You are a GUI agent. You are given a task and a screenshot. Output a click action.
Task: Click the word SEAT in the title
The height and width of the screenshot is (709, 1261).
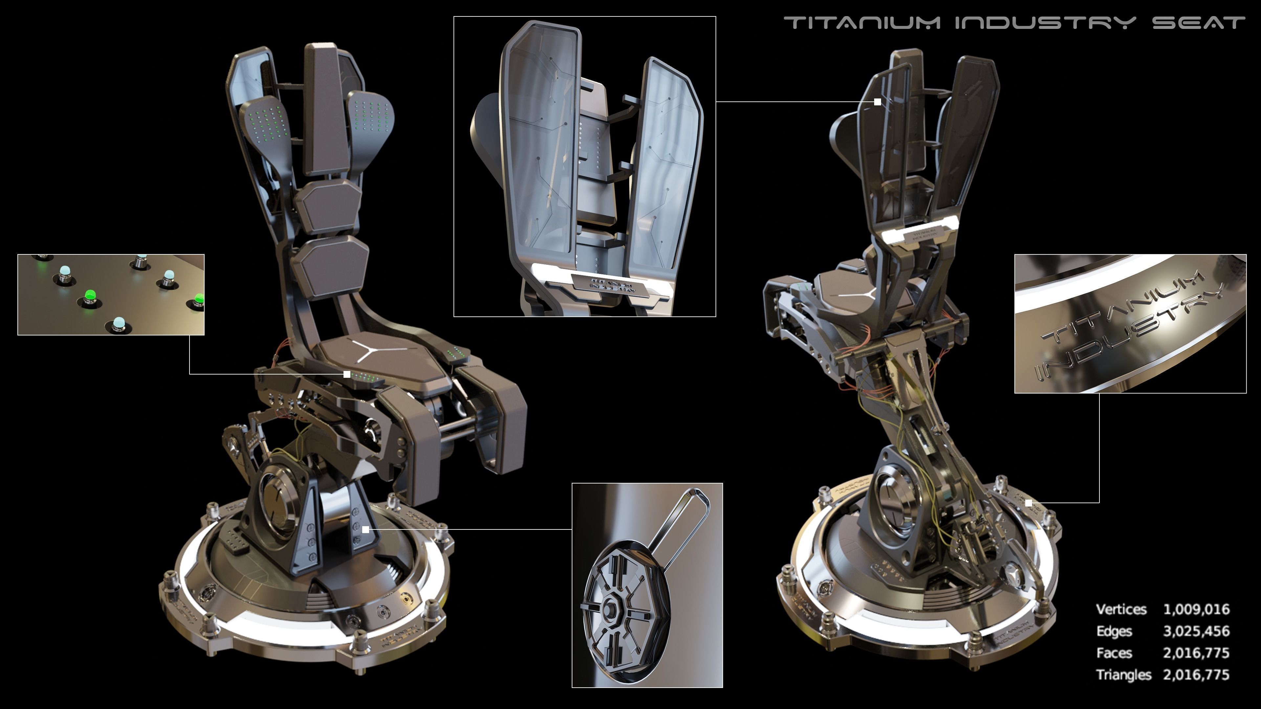click(x=1198, y=23)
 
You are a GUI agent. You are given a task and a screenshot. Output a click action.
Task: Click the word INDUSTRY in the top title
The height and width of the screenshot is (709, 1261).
click(x=1045, y=23)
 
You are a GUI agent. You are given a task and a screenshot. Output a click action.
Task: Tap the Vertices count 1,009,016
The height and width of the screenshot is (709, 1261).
click(x=1196, y=609)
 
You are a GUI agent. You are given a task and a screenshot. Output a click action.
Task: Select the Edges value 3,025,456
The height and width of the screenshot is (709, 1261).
click(x=1196, y=631)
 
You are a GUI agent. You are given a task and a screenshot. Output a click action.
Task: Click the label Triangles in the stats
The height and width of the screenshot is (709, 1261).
click(x=1123, y=675)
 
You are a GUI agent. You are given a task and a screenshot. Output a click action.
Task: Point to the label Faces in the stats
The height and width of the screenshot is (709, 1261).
click(x=1114, y=653)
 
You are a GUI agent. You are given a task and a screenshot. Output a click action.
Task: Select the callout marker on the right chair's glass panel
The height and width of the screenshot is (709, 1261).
click(x=878, y=102)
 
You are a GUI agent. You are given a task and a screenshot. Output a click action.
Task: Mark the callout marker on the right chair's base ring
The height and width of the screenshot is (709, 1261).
click(x=1029, y=503)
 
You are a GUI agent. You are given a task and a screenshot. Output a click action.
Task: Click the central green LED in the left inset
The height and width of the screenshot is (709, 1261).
click(x=90, y=295)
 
